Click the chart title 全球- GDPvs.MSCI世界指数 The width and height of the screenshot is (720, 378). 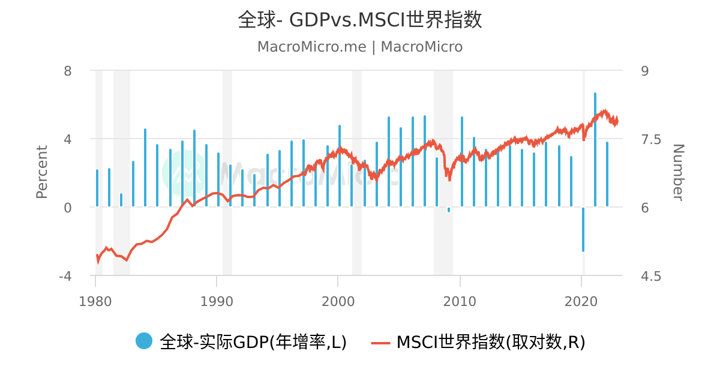coord(359,19)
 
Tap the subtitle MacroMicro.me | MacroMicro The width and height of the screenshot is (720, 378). coord(359,47)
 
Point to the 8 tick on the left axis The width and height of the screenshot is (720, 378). coord(67,71)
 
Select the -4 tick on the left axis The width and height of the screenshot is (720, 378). coord(65,276)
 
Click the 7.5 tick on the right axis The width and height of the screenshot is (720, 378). coord(651,139)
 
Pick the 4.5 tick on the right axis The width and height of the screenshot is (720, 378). coord(651,276)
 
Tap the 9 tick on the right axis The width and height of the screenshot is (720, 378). coord(645,71)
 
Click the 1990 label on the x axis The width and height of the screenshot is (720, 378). coord(217,301)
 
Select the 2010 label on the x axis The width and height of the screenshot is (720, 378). coord(460,301)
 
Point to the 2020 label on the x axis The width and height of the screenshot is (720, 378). coord(581,301)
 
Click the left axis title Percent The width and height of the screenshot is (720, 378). coord(42,172)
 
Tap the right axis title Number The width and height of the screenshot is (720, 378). coord(678,173)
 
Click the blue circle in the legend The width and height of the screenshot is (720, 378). coord(143,341)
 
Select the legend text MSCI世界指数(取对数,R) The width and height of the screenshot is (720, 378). coord(491,341)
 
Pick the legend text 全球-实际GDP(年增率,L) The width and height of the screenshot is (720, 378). coord(253,341)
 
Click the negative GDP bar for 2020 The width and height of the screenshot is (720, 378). coord(583,229)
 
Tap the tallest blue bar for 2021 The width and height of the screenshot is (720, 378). coord(595,150)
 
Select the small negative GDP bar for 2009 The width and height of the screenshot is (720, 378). coord(449,209)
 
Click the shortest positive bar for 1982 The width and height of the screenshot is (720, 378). coord(121,200)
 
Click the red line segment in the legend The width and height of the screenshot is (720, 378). coord(380,343)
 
